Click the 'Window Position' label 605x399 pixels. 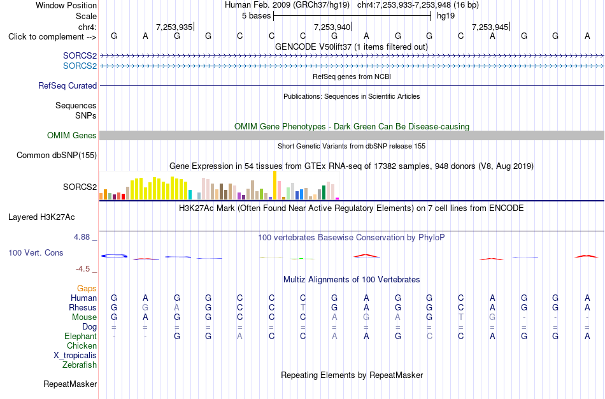coord(66,5)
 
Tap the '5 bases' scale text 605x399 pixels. coord(256,16)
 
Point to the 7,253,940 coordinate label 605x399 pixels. coord(332,27)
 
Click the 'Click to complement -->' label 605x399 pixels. coord(52,37)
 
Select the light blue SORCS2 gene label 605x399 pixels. coord(80,66)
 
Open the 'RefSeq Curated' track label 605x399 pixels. coord(68,86)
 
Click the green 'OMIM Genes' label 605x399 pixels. coord(72,136)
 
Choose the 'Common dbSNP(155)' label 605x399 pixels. coord(57,156)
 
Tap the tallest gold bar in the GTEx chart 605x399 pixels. coord(274,185)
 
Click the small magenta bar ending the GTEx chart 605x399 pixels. coord(338,198)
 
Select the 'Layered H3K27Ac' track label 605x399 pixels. coord(41,217)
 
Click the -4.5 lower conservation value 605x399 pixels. coord(83,269)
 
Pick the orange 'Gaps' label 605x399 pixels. coord(87,289)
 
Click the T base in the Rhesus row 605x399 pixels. coord(303,307)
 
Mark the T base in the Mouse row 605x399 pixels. coord(460,317)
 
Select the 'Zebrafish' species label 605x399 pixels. coord(80,365)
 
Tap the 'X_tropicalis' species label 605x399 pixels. coord(75,356)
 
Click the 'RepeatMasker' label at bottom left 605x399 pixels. coord(70,384)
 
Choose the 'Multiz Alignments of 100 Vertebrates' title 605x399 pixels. coord(352,279)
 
